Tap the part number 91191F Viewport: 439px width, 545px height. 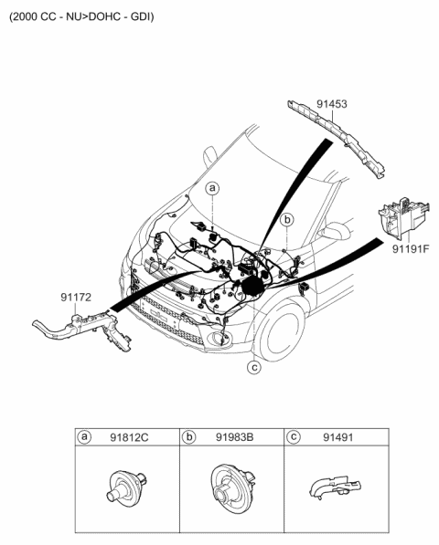click(411, 247)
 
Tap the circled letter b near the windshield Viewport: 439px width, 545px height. click(286, 220)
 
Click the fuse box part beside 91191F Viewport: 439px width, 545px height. click(402, 215)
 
